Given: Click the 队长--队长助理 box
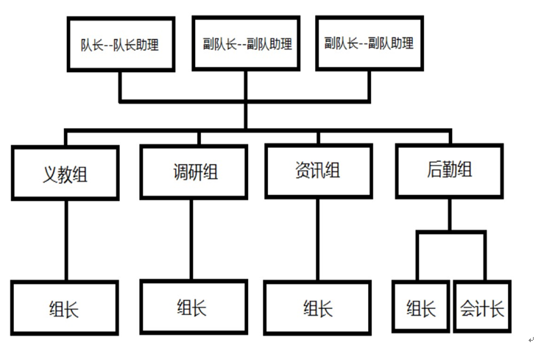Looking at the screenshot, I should coord(120,44).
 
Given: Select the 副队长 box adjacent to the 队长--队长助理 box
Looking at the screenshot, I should coord(247,44).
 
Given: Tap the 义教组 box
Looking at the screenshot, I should coord(66,173).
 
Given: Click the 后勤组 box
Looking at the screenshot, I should coord(449,171).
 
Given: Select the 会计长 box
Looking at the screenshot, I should coord(482,308).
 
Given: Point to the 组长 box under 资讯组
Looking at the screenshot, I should coord(318,308).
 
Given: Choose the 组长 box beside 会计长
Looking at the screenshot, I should coord(421,308).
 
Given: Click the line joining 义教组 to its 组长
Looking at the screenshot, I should coord(66,239).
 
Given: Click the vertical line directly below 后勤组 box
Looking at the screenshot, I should coord(450,215).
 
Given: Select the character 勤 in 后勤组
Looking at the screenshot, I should coord(449,170).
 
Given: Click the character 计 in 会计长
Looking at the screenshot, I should coord(483,308).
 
